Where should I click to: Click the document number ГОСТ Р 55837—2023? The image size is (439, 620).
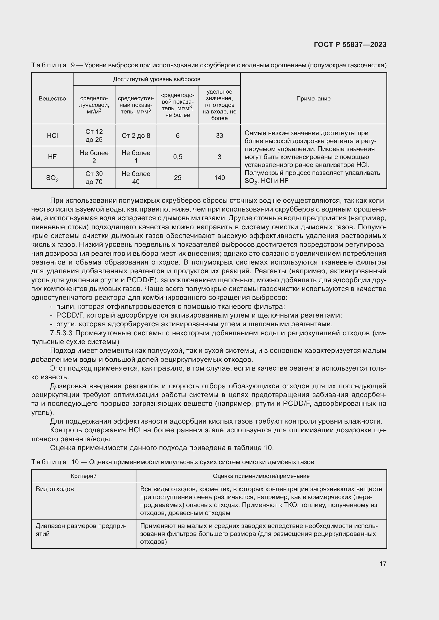(350, 45)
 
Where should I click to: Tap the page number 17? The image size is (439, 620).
(382, 564)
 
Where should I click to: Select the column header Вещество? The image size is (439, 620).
(52, 99)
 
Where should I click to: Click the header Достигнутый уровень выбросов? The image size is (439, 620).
(157, 79)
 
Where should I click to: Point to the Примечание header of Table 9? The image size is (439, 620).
(313, 99)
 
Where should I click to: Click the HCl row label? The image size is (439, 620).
(52, 135)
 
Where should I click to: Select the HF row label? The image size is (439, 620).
(52, 157)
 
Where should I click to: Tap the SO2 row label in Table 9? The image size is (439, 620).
(52, 178)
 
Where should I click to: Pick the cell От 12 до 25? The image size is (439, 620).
(94, 135)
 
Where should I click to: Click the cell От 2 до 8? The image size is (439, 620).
(136, 135)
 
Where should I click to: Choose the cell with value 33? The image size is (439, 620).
(219, 135)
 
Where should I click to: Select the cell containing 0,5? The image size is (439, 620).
(178, 157)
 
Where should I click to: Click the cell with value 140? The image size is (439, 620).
(219, 178)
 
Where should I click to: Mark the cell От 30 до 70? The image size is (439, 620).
(94, 178)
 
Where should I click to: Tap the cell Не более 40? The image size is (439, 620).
(136, 178)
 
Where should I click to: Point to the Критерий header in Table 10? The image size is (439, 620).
(84, 476)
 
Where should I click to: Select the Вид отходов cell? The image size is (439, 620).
(55, 489)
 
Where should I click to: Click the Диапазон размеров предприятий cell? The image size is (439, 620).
(81, 530)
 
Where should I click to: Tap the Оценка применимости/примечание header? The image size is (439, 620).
(261, 476)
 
